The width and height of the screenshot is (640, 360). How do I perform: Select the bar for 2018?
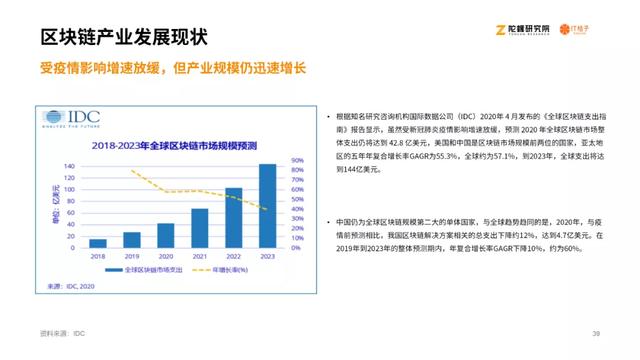(x=98, y=243)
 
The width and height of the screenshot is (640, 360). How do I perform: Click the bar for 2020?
(x=166, y=235)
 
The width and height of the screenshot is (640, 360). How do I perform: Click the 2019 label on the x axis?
(x=132, y=256)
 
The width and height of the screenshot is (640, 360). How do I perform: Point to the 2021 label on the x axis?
(x=200, y=256)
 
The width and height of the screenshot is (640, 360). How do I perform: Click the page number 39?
(x=596, y=333)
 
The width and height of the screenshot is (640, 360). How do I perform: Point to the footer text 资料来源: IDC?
(x=62, y=333)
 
